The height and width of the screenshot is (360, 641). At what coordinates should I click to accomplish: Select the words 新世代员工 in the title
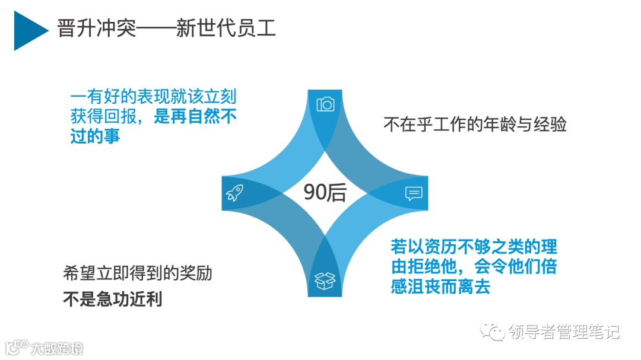click(226, 28)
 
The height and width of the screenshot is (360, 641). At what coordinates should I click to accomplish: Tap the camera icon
click(325, 105)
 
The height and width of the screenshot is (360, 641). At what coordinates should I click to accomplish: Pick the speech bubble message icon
click(414, 193)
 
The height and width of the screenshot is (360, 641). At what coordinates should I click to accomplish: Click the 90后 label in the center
click(325, 193)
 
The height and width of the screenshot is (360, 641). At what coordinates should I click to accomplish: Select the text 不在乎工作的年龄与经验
click(475, 125)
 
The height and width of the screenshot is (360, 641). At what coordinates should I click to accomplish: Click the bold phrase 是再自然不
click(195, 116)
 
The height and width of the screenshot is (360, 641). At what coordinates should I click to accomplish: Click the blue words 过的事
click(95, 136)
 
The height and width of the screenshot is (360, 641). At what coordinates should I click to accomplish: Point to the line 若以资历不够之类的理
click(474, 246)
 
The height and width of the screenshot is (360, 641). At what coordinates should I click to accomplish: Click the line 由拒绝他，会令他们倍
click(474, 266)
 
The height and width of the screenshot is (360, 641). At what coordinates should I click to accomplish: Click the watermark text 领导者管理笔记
click(564, 332)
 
